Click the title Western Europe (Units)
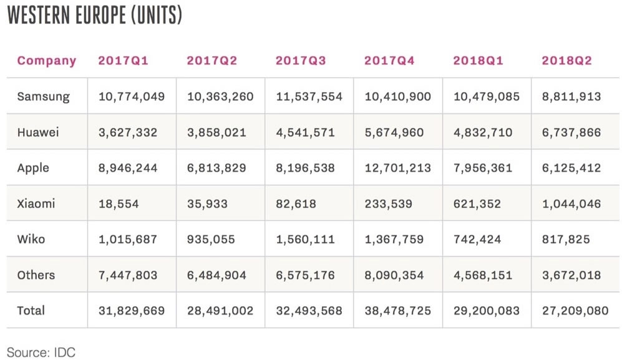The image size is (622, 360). pos(94,16)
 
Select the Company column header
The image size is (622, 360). pos(47,61)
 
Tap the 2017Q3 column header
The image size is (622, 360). pos(301,61)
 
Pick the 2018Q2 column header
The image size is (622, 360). pos(566,61)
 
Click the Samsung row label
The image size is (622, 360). pos(44,97)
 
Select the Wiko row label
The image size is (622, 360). pos(31,239)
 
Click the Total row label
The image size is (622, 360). pos(31,310)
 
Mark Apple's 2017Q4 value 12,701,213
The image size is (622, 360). pos(397,168)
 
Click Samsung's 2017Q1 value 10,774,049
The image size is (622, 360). pos(132,97)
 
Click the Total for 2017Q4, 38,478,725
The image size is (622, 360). pos(397,310)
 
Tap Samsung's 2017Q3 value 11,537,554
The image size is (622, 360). pos(309,97)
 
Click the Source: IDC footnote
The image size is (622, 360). pos(41,352)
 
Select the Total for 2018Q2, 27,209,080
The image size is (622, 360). pos(575,310)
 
